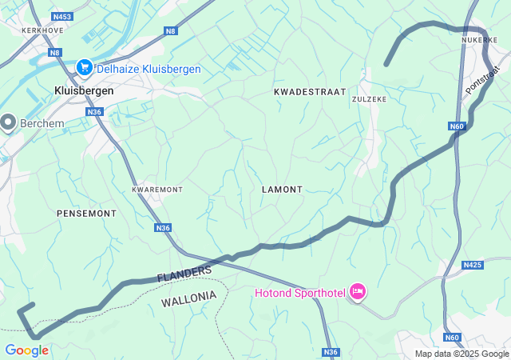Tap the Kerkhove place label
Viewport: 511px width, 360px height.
[x=42, y=30]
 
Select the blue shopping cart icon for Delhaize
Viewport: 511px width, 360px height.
[x=85, y=69]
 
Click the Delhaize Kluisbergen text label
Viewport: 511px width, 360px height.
[x=149, y=70]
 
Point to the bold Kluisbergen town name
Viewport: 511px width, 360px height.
[x=84, y=91]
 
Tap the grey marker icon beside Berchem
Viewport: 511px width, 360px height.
[x=9, y=122]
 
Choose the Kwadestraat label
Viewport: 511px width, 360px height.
[x=310, y=92]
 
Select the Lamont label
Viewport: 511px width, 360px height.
[x=282, y=190]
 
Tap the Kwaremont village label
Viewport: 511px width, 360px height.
[x=157, y=190]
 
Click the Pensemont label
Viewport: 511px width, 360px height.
[x=86, y=214]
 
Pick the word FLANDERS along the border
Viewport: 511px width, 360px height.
[x=184, y=273]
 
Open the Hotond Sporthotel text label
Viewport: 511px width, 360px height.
[x=299, y=293]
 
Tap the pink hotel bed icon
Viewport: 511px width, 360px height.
[x=357, y=292]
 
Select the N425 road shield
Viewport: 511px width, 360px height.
[x=473, y=265]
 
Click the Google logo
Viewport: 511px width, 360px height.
[x=26, y=350]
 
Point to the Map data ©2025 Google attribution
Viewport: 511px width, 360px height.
[x=461, y=354]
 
